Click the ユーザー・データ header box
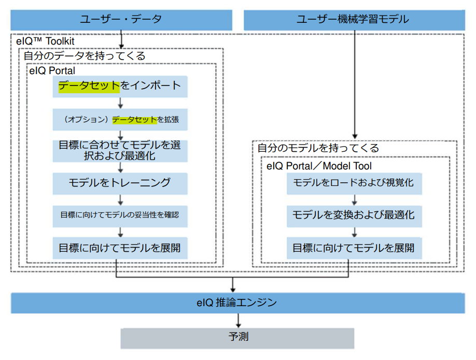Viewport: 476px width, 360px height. pyautogui.click(x=121, y=20)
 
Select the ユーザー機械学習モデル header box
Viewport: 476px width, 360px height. pyautogui.click(x=353, y=20)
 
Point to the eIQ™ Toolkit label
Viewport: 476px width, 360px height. pyautogui.click(x=46, y=40)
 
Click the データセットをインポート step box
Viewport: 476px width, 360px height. pyautogui.click(x=120, y=86)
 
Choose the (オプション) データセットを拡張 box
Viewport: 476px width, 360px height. pyautogui.click(x=120, y=119)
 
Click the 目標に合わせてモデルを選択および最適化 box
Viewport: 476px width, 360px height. pyautogui.click(x=120, y=150)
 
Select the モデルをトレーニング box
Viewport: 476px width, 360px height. pyautogui.click(x=120, y=183)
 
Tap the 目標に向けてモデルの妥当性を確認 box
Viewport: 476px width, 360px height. pyautogui.click(x=120, y=214)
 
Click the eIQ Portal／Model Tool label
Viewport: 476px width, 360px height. pyautogui.click(x=319, y=166)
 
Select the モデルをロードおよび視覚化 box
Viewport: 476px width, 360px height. pyautogui.click(x=354, y=183)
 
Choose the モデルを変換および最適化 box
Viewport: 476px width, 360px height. pyautogui.click(x=354, y=215)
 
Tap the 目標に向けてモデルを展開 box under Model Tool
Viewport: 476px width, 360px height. pyautogui.click(x=354, y=247)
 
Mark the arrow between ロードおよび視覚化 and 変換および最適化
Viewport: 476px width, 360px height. pyautogui.click(x=354, y=199)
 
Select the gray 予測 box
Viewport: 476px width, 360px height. pyautogui.click(x=237, y=338)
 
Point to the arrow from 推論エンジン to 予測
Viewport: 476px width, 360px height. pyautogui.click(x=238, y=320)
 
